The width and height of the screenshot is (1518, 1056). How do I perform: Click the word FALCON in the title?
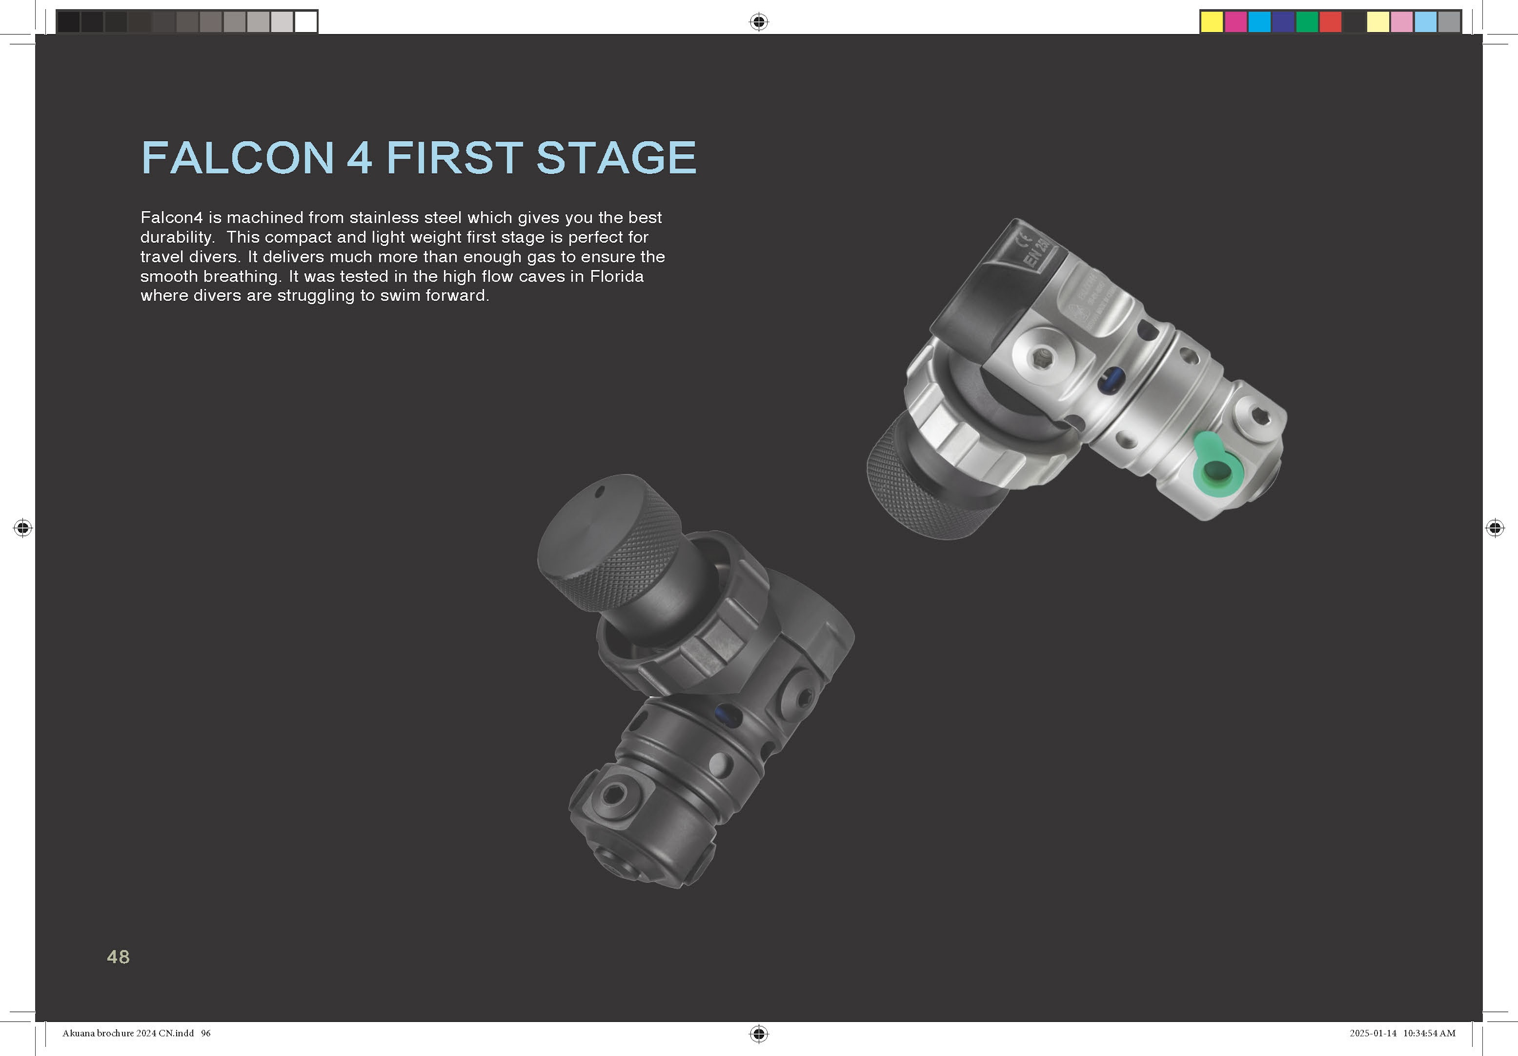[237, 158]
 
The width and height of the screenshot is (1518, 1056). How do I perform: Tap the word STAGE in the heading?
[616, 158]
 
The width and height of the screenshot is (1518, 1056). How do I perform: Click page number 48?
[119, 957]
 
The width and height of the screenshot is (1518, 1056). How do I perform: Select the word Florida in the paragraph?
[616, 276]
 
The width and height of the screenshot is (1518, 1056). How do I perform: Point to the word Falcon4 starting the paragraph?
[171, 218]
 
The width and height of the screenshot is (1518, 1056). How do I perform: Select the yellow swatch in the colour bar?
[1211, 22]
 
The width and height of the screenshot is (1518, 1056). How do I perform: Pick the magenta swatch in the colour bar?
[1235, 22]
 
